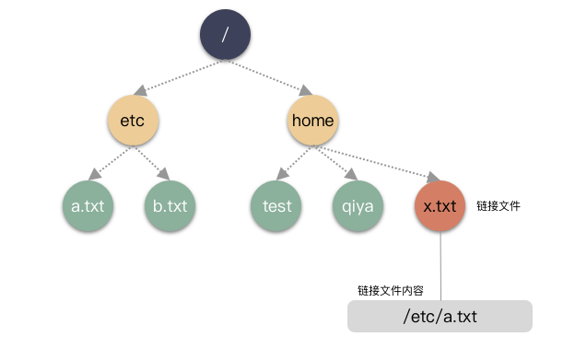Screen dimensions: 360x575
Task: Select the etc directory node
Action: click(x=134, y=121)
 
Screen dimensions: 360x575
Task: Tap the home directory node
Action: click(x=312, y=121)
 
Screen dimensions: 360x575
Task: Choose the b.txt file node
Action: click(x=170, y=206)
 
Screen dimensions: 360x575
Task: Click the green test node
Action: click(x=276, y=206)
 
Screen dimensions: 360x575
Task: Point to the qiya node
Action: click(x=357, y=206)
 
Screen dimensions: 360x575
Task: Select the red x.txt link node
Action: click(x=440, y=206)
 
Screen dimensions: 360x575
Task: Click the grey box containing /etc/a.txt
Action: click(x=440, y=317)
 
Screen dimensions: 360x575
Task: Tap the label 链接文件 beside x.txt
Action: click(x=499, y=206)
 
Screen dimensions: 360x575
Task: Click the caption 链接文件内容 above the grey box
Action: click(x=391, y=290)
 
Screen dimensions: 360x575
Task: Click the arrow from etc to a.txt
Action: click(x=107, y=163)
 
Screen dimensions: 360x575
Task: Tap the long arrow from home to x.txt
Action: click(x=378, y=160)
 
